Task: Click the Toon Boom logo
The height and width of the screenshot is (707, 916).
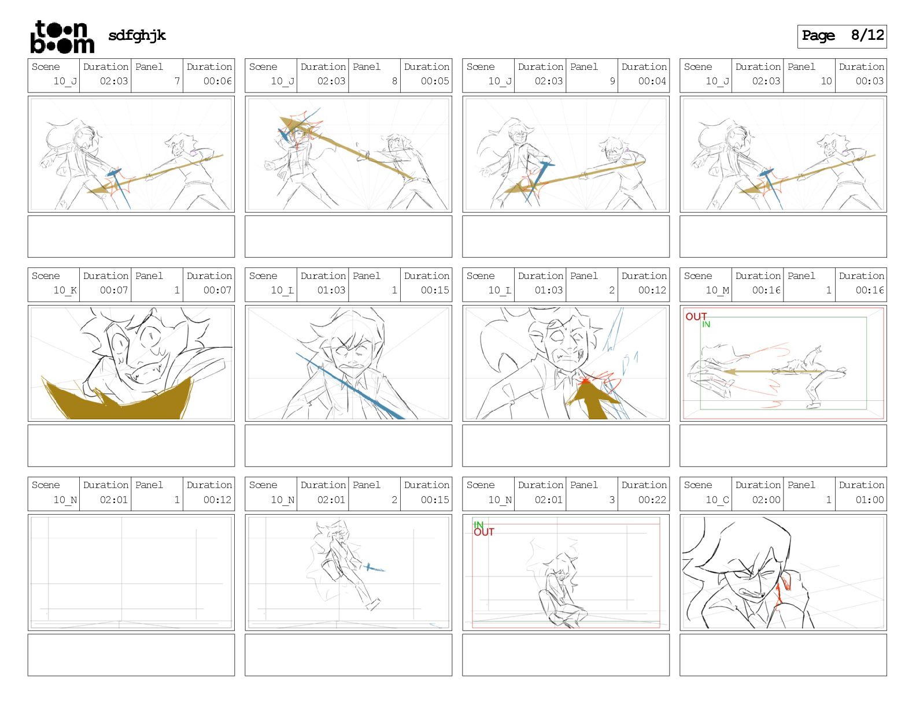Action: [62, 37]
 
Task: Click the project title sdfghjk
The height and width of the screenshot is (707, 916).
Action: [137, 36]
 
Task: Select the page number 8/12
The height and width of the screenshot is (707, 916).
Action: [867, 35]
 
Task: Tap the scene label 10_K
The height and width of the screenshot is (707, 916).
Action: [65, 290]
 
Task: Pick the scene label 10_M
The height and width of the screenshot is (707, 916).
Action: [718, 290]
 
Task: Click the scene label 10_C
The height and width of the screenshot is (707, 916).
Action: [718, 500]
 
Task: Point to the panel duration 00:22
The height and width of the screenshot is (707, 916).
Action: [652, 500]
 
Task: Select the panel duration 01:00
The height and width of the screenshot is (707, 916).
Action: [869, 500]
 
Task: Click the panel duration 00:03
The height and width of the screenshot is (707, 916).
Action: [869, 81]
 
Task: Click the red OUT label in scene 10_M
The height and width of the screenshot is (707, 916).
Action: [696, 317]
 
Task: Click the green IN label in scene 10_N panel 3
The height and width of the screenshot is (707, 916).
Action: [478, 524]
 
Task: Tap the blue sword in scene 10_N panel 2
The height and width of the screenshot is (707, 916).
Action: [374, 568]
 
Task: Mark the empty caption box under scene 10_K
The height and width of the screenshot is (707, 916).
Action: [131, 445]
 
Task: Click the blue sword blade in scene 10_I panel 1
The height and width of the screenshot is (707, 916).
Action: [350, 386]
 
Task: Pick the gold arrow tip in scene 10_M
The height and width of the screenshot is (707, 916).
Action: [729, 372]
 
